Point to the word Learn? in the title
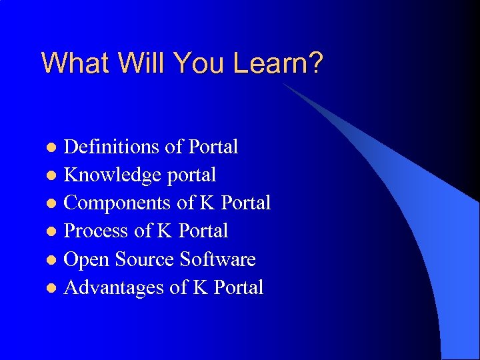[x=278, y=63]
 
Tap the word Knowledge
[x=113, y=175]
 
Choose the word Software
[x=221, y=259]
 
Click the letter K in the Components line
[x=207, y=203]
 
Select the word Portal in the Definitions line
[x=213, y=147]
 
